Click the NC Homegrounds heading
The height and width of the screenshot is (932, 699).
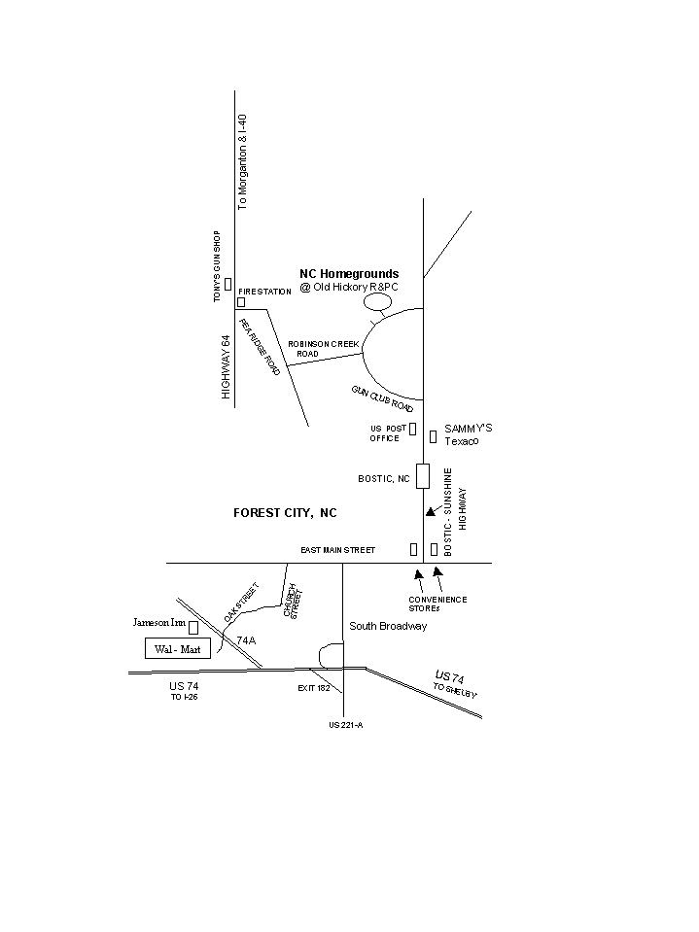(x=348, y=274)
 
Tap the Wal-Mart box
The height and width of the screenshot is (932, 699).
(x=178, y=648)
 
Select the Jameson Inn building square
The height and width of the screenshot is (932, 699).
(x=193, y=627)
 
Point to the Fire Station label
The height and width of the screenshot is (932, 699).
(x=264, y=292)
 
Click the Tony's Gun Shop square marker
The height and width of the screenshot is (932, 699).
(x=227, y=284)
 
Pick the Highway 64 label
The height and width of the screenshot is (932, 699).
(x=226, y=367)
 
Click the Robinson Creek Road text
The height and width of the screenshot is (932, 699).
(x=324, y=349)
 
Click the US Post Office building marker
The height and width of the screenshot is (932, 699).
(x=412, y=429)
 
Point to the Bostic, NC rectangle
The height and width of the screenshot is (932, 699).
(x=423, y=476)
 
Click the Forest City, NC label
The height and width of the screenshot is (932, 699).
(x=285, y=512)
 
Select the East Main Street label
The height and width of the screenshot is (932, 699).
(x=337, y=550)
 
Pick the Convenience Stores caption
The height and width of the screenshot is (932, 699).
(x=437, y=604)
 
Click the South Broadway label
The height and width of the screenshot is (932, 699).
(x=388, y=627)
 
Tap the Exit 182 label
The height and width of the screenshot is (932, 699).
(x=314, y=687)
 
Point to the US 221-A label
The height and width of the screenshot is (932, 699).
(x=345, y=724)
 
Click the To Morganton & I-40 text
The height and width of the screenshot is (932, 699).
(x=243, y=161)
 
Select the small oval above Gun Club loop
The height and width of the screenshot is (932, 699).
(x=377, y=301)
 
